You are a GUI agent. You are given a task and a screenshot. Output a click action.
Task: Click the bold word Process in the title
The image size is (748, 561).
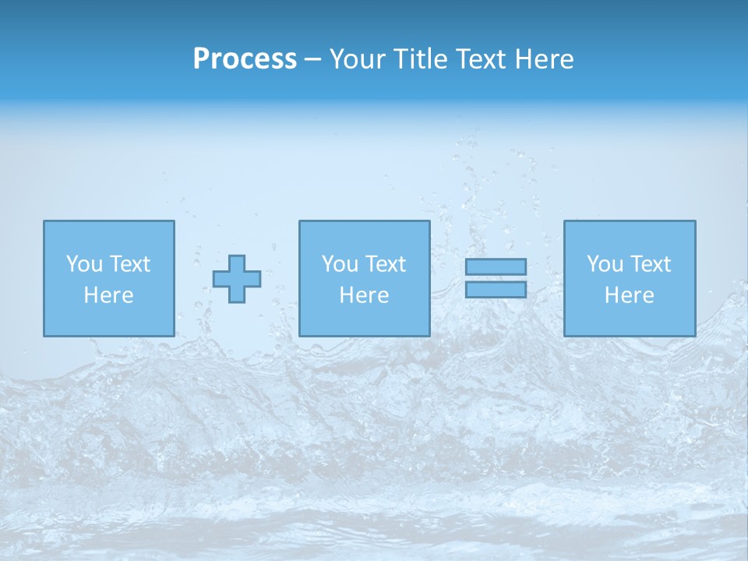coord(245,59)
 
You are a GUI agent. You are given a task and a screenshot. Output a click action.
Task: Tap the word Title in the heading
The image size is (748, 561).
coord(418,59)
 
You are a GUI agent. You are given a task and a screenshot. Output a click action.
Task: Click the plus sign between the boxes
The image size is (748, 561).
coord(237,279)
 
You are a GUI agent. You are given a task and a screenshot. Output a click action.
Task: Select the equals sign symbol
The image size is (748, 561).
coord(496,278)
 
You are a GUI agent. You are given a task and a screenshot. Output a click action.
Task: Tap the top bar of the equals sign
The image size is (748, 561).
coord(496,266)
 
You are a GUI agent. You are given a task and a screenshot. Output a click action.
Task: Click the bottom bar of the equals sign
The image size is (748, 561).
coord(496,289)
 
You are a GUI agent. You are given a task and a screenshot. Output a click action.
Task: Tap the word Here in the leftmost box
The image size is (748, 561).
coord(109,295)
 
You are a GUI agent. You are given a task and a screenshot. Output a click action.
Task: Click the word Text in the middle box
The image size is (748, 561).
coord(386,264)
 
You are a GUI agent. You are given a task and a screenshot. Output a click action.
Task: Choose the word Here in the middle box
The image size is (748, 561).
coord(365,295)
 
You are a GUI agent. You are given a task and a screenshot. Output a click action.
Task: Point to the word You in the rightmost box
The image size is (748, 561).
coord(605,264)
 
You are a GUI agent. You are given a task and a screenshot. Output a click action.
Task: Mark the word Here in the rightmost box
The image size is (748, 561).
coord(630,295)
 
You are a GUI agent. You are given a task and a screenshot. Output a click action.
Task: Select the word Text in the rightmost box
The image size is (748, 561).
coord(651,264)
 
